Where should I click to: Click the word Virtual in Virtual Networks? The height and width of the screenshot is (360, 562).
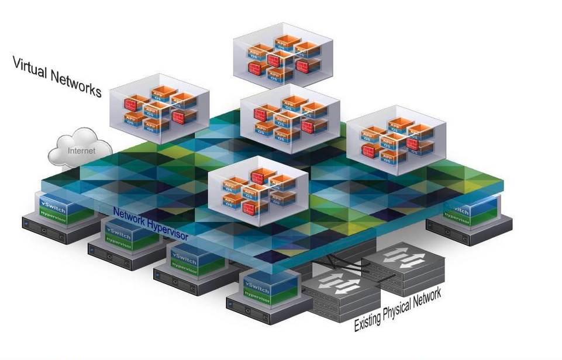pyautogui.click(x=32, y=68)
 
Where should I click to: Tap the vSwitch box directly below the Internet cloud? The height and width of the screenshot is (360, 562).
pyautogui.click(x=61, y=208)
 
